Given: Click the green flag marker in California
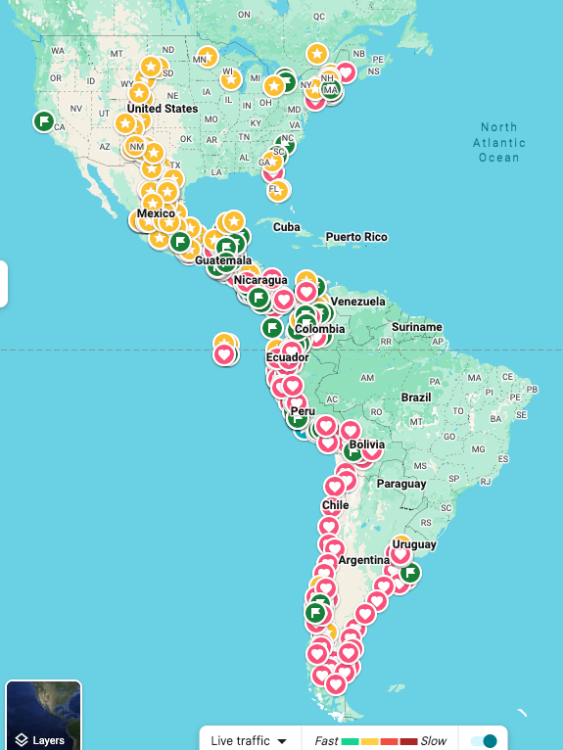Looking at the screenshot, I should [x=43, y=121].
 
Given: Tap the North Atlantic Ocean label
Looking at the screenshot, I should [x=498, y=143].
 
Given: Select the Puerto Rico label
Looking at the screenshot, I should [x=356, y=237].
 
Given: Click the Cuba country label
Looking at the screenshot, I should [x=286, y=227].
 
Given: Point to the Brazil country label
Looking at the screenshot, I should [x=416, y=398].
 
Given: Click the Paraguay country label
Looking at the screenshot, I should [x=401, y=484].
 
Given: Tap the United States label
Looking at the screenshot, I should [x=163, y=109].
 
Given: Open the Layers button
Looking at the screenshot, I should [x=43, y=716].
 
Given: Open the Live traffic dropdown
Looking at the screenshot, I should [x=249, y=741].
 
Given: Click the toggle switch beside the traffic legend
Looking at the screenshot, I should [x=484, y=741].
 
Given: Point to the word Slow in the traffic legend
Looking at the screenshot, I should [x=434, y=741].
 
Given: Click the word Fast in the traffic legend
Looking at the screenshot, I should [x=326, y=741].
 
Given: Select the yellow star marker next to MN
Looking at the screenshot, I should [x=207, y=58].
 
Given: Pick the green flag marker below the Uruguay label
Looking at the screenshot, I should [x=409, y=573].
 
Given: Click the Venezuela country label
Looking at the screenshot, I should [x=357, y=301].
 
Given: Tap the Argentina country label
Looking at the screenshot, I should [x=364, y=560].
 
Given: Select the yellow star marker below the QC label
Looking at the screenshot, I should [x=316, y=53].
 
